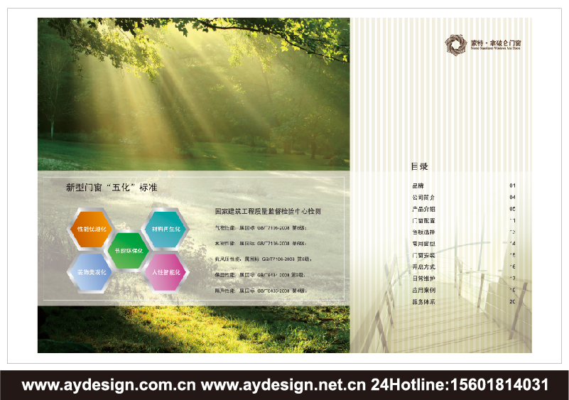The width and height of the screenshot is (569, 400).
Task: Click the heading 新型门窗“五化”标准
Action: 112,188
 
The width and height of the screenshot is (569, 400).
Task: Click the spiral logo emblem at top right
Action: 453,45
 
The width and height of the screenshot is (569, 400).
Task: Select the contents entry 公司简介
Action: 423,197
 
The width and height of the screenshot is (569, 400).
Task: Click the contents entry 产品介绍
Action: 423,209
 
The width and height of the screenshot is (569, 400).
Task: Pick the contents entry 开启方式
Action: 423,266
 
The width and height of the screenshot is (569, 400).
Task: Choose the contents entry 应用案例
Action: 423,290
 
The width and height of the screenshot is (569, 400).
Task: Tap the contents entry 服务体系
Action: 423,302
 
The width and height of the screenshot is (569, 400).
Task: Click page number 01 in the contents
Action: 512,185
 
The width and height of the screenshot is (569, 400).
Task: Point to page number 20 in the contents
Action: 512,302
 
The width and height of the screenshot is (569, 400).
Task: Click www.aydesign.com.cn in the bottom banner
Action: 109,386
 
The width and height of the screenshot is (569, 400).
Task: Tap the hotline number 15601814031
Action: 497,386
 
